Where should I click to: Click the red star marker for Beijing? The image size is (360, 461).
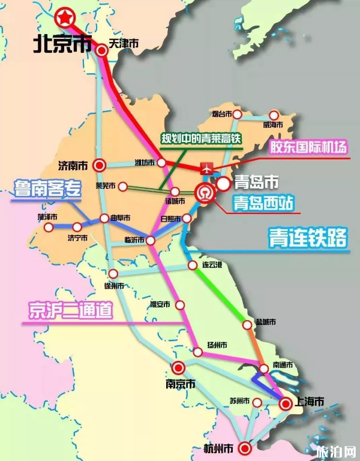(x=63, y=18)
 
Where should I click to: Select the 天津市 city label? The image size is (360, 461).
(x=124, y=43)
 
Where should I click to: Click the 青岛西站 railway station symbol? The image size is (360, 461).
(x=204, y=194)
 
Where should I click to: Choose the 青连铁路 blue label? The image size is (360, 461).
(x=307, y=238)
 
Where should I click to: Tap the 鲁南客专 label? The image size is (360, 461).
(x=47, y=190)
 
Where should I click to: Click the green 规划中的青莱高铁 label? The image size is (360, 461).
(x=200, y=138)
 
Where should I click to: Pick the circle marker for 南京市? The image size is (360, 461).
(x=178, y=367)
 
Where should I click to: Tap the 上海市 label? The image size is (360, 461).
(x=311, y=401)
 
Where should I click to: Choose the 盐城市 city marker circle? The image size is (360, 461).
(x=247, y=324)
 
